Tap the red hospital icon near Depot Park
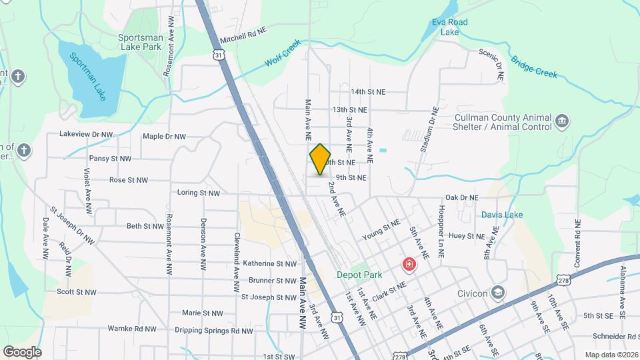407,266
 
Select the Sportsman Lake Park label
140,42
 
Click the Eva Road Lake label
450,27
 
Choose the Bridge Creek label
534,66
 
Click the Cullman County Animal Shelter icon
562,121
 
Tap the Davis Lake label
503,215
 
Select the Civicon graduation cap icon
497,292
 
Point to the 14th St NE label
369,92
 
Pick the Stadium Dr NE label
427,129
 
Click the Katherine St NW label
269,264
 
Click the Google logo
21,351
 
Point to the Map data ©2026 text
610,355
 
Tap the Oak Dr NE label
462,198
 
